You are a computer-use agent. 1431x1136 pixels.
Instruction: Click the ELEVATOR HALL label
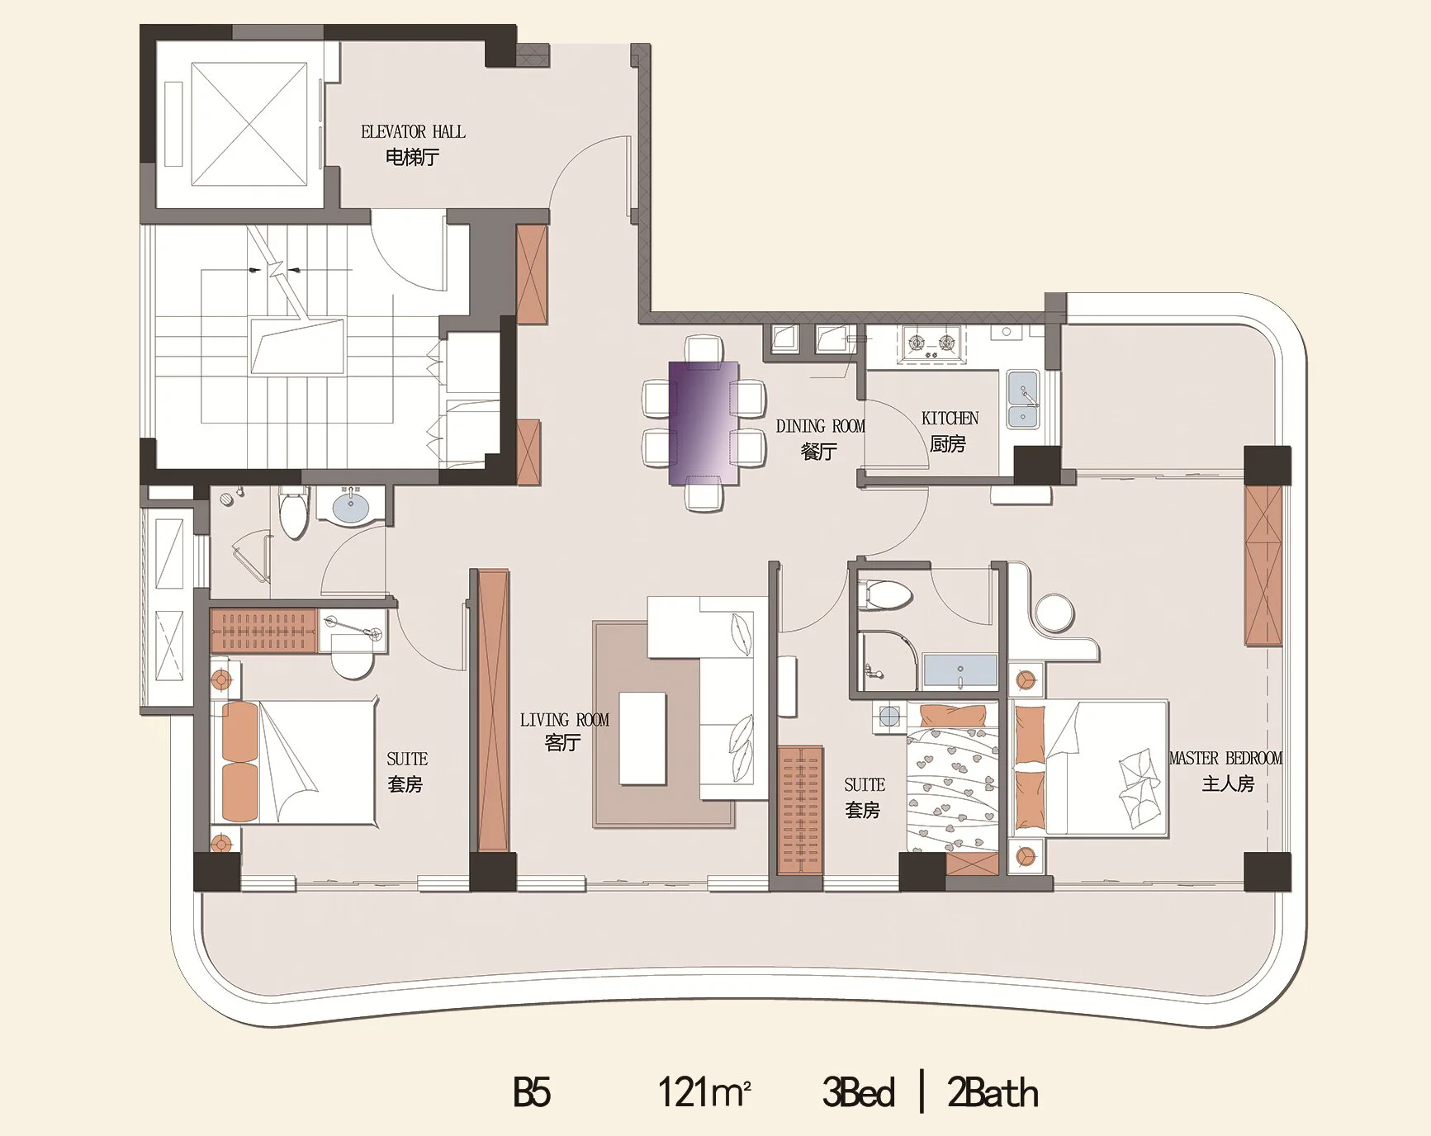[413, 132]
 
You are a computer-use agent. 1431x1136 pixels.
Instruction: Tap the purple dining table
[704, 423]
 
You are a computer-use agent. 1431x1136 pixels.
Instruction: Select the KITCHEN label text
[950, 419]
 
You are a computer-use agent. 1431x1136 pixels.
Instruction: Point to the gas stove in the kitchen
[934, 343]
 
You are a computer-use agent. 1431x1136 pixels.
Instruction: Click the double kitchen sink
[1022, 400]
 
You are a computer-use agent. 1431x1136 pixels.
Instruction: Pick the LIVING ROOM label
[565, 720]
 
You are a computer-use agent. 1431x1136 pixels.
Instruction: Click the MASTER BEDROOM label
[1226, 758]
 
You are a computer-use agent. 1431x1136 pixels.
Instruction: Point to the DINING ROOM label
[821, 426]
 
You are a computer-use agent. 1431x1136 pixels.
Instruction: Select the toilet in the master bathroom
[884, 594]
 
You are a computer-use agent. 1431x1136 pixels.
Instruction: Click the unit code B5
[532, 1091]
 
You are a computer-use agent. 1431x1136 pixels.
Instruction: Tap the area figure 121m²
[704, 1091]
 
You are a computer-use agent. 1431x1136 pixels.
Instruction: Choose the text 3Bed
[859, 1091]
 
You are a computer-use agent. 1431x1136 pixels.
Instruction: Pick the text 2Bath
[993, 1091]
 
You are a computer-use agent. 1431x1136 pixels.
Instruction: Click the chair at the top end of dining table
[704, 348]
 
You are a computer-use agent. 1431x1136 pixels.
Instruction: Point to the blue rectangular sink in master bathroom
[960, 670]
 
